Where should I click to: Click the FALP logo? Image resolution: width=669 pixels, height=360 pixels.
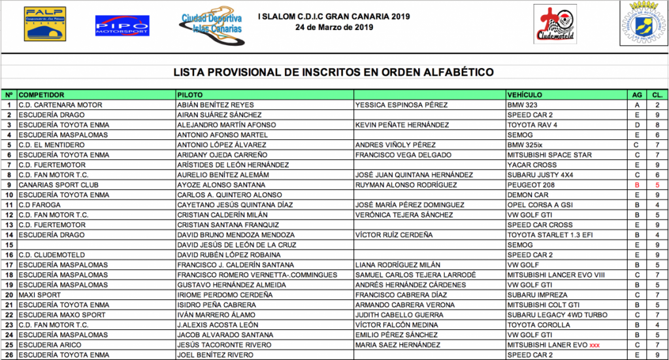tap(45, 24)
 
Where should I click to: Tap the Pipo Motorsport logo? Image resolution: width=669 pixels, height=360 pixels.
tap(122, 25)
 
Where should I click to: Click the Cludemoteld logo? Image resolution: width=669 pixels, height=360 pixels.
tap(555, 24)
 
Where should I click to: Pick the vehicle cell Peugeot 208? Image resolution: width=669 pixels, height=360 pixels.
tap(530, 186)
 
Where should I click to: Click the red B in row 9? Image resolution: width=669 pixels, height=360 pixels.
tap(636, 186)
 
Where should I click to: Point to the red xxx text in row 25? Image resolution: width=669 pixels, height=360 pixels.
tap(595, 344)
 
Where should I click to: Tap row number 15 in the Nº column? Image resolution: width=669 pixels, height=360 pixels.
tap(9, 245)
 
